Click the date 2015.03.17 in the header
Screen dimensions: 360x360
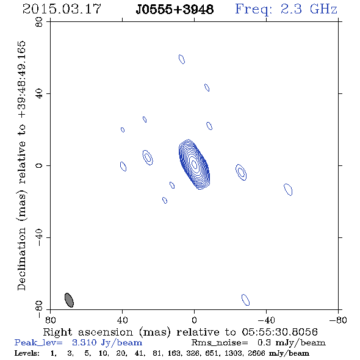tap(62, 9)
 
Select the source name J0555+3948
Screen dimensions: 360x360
tap(175, 10)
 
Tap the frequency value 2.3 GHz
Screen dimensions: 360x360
tap(309, 9)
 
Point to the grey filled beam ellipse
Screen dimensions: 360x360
tap(69, 300)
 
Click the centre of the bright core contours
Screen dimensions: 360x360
tap(195, 164)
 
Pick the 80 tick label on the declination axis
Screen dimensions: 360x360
tap(39, 22)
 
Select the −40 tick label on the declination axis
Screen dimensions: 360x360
tap(39, 237)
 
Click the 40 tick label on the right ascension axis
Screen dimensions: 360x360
tap(122, 320)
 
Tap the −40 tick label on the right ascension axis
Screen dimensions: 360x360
tap(266, 320)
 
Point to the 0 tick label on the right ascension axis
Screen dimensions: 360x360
tap(194, 320)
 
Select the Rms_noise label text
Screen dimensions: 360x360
tap(220, 343)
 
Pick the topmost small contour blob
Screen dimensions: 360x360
tap(182, 59)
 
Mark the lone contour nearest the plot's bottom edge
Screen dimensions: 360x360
tap(245, 300)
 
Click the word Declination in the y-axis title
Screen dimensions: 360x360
tap(21, 259)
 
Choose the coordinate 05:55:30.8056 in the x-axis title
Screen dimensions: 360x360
tap(279, 332)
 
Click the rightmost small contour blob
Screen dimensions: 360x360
tap(288, 190)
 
